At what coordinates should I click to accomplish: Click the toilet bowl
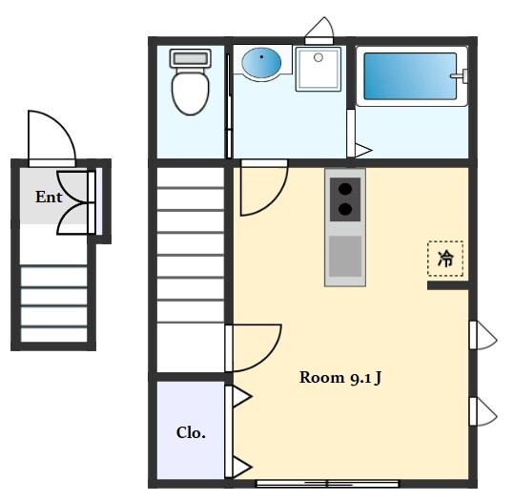tap(191, 93)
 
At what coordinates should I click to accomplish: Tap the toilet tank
tap(191, 58)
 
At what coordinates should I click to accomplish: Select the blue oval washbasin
tap(261, 62)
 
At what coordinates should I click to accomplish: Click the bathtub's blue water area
tap(410, 76)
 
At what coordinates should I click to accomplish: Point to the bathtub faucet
tap(460, 76)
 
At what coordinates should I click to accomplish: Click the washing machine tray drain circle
tap(318, 57)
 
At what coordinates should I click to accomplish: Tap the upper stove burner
tap(345, 189)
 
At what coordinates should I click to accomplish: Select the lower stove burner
tap(345, 209)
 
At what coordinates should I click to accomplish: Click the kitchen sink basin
tap(345, 256)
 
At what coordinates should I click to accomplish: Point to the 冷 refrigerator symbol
tap(445, 259)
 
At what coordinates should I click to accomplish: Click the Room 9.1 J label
tap(340, 378)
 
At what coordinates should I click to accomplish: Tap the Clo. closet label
tap(191, 433)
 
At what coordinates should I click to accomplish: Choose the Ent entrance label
tap(49, 198)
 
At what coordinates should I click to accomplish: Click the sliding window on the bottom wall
tap(327, 484)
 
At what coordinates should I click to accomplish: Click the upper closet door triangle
tap(242, 397)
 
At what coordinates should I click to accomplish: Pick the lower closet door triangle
tap(242, 467)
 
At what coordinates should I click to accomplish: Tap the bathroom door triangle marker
tap(363, 151)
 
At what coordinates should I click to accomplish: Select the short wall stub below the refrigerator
tap(448, 286)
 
